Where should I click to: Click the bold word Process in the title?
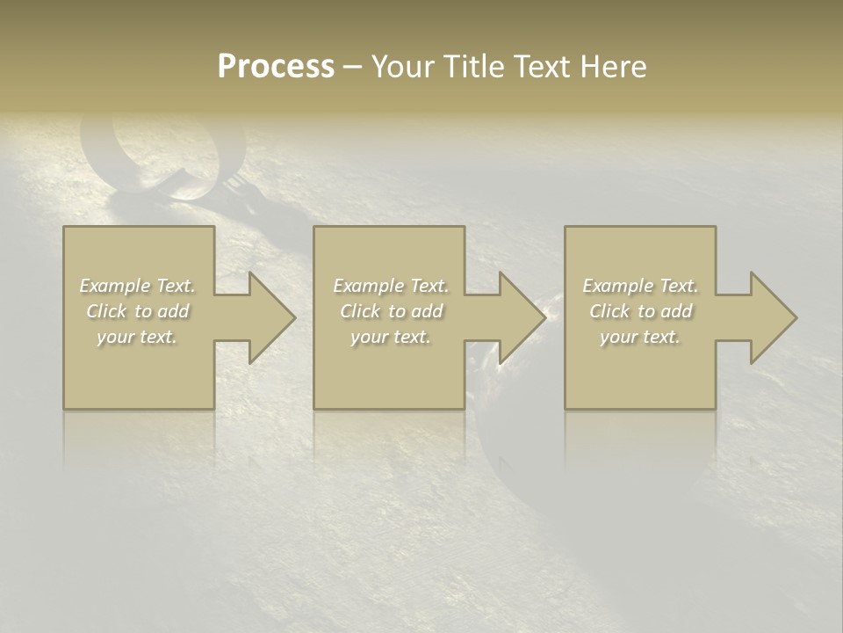tap(276, 67)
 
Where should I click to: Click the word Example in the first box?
tap(115, 286)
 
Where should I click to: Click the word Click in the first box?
tap(106, 311)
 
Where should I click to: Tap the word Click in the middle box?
tap(360, 311)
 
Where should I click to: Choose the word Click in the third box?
tap(609, 311)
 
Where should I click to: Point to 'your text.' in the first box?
tap(137, 337)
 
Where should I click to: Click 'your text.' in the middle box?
tap(391, 337)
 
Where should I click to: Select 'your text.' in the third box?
tap(640, 337)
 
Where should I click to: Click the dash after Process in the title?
tap(353, 67)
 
